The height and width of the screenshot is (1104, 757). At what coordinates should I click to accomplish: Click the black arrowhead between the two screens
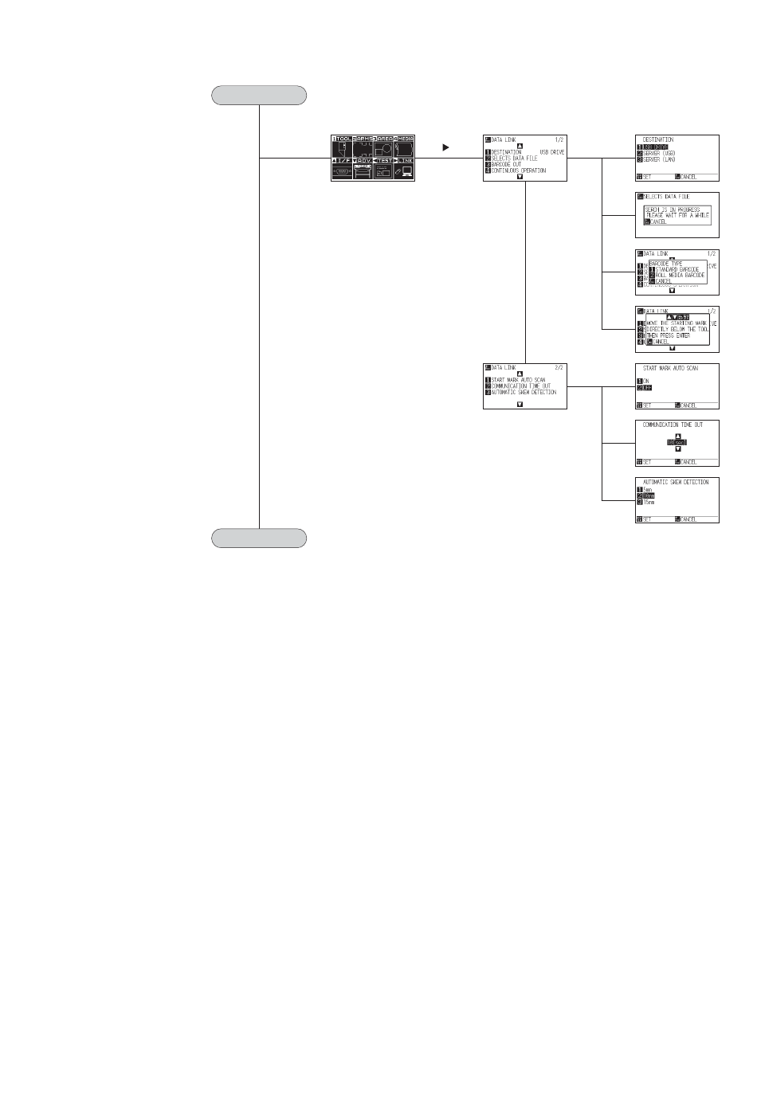point(445,147)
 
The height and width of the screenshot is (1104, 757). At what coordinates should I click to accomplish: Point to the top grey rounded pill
point(259,96)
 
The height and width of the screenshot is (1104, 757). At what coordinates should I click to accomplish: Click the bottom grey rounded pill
point(259,538)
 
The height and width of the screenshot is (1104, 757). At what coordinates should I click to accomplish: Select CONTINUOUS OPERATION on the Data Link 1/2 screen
point(518,170)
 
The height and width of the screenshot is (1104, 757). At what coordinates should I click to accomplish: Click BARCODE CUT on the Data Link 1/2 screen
point(506,164)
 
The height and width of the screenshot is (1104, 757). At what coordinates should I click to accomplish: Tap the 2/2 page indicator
point(559,367)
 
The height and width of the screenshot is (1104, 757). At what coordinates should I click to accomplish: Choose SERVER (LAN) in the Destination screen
point(659,159)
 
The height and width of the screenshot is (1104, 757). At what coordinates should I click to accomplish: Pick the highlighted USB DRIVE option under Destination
point(656,147)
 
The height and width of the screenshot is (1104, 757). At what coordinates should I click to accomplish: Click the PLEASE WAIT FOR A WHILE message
point(677,215)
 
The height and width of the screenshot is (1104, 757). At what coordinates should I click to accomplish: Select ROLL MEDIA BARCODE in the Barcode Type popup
point(680,275)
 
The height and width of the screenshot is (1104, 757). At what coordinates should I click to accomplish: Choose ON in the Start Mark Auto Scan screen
point(645,381)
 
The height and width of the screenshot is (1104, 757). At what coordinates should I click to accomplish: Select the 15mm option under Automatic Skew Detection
point(648,503)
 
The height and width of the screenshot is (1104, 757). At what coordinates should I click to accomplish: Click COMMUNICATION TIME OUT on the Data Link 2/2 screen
point(520,386)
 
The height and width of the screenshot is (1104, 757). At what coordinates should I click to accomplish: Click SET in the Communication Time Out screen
point(646,462)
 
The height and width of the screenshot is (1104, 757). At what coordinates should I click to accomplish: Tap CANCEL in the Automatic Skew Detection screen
point(688,519)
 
